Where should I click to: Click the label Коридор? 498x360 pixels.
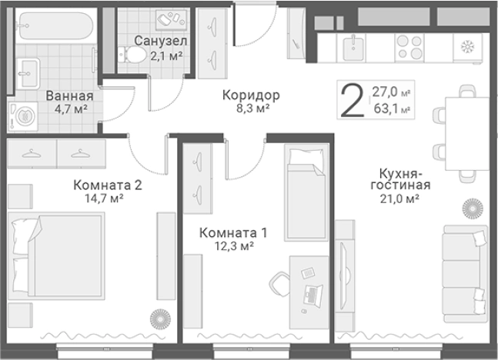250,95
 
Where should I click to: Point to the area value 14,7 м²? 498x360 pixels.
107,198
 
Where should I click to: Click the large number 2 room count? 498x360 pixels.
353,101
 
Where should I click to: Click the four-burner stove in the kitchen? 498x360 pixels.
409,47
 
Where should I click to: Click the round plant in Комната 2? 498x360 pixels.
159,317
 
